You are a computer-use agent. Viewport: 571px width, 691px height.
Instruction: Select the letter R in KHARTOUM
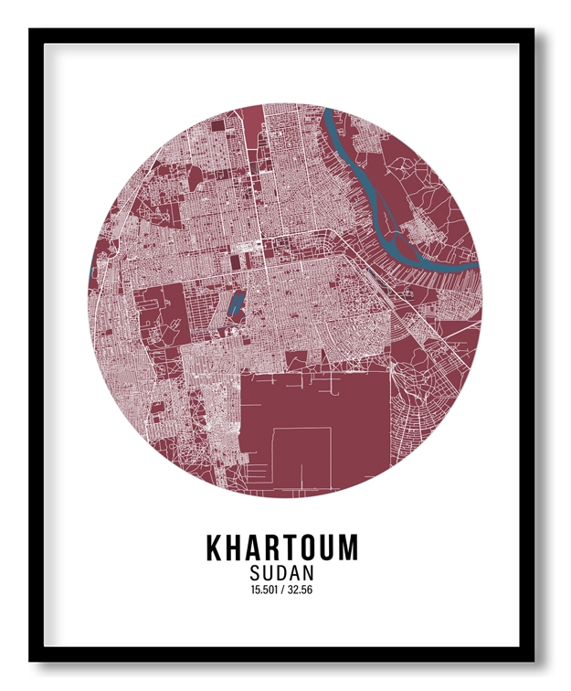276,548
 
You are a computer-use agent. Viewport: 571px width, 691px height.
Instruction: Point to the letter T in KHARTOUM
294,548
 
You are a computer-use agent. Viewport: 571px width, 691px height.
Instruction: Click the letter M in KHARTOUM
348,548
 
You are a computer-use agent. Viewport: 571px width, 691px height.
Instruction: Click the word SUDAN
281,573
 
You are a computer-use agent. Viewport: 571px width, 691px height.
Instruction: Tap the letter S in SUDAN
254,573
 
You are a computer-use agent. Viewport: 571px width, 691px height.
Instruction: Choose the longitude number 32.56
301,590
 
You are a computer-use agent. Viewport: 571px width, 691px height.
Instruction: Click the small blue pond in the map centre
235,304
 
